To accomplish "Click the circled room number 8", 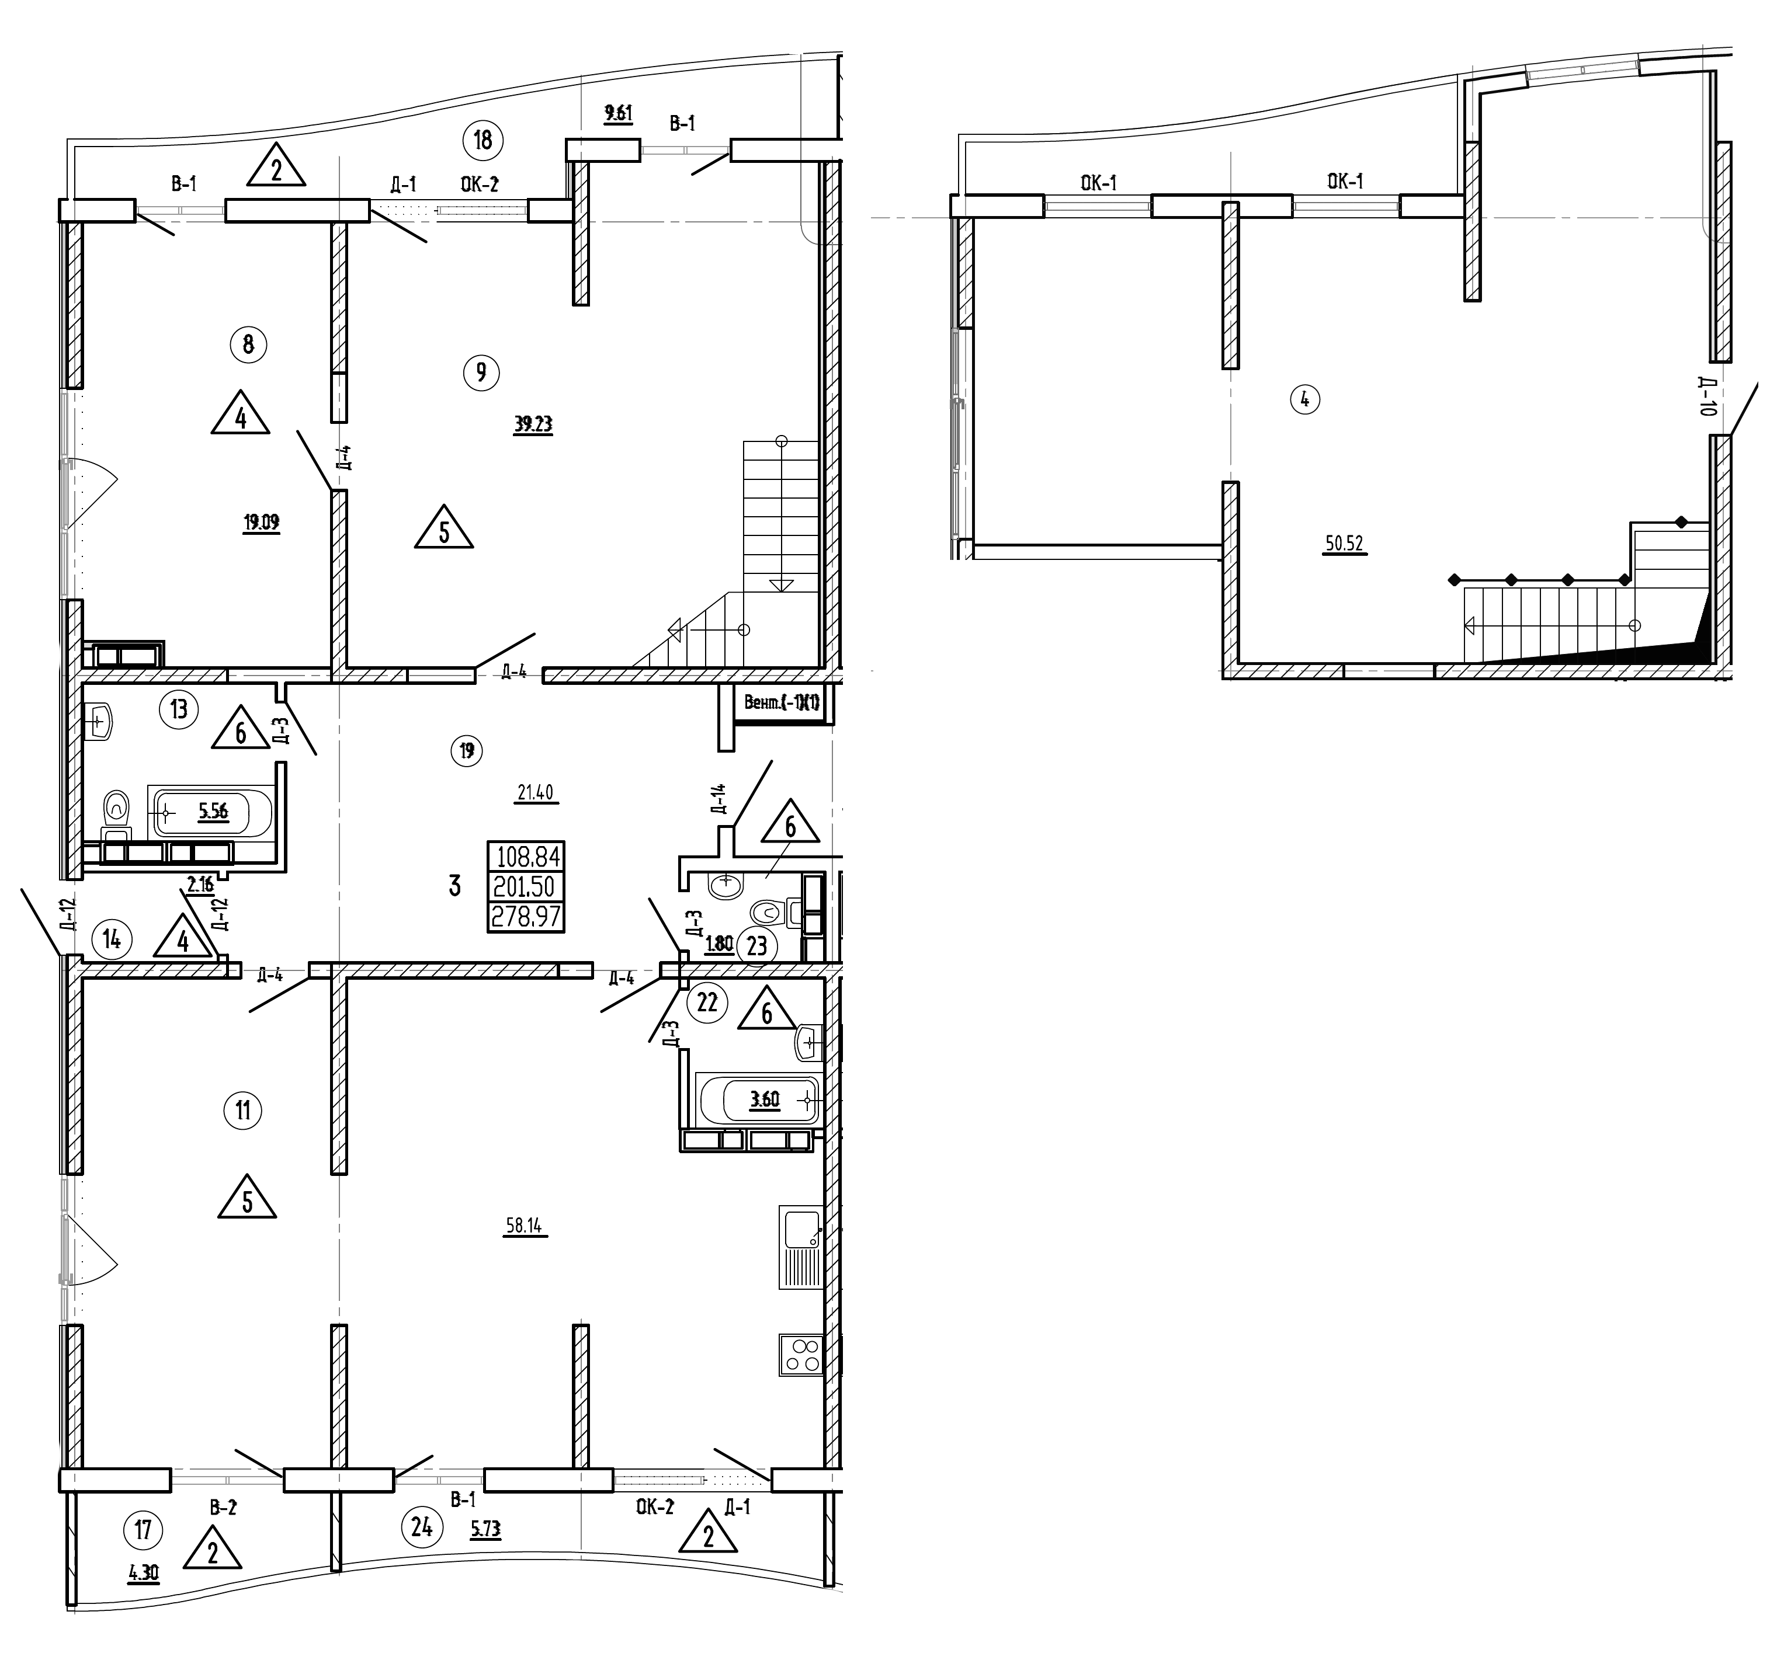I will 249,344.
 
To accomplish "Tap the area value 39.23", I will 533,424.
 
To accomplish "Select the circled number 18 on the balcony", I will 483,140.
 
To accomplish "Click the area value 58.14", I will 523,1226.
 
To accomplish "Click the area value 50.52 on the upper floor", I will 1344,544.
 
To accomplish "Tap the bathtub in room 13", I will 212,813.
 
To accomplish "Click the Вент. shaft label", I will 781,702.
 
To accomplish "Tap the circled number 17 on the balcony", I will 144,1529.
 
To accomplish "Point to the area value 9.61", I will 618,113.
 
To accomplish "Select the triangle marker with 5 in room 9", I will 443,530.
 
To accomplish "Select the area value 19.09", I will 261,522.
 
